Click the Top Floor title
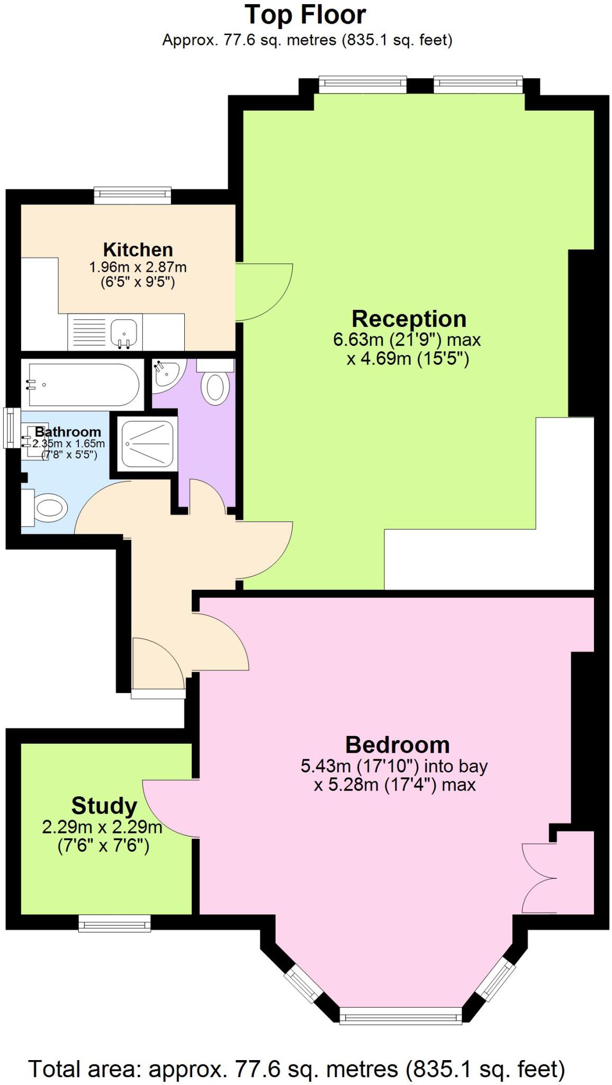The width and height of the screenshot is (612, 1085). (305, 15)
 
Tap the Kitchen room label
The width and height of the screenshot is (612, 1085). (138, 250)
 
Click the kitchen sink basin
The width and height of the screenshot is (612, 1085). (124, 333)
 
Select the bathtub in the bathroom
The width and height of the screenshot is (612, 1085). (82, 385)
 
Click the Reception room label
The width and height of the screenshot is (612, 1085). (409, 319)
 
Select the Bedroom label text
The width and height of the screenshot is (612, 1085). (397, 745)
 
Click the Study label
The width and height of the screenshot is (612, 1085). (104, 806)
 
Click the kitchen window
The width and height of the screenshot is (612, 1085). (132, 195)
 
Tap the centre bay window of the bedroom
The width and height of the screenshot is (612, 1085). (400, 1015)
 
